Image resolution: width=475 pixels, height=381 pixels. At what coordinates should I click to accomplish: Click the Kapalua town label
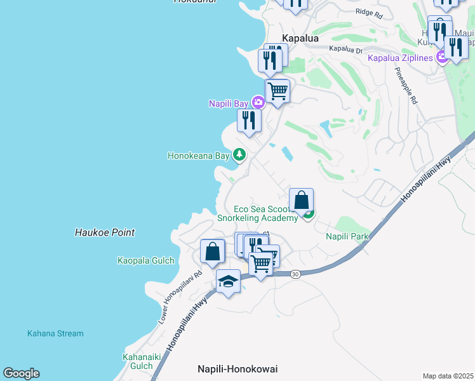pos(300,38)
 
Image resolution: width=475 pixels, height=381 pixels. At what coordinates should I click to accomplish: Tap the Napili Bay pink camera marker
pos(258,102)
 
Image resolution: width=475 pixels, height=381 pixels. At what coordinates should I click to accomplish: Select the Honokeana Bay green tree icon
pos(239,155)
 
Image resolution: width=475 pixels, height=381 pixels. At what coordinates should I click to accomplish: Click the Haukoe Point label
pos(105,232)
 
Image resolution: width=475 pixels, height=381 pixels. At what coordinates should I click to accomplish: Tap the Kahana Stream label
pos(55,333)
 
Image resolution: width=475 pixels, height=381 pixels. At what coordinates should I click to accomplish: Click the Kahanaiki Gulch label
pos(137,361)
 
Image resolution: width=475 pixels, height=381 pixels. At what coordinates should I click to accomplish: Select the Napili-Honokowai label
pos(237,369)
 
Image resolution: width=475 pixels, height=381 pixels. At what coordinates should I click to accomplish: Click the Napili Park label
pos(347,236)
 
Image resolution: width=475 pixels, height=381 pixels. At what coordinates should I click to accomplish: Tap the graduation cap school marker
pos(228,281)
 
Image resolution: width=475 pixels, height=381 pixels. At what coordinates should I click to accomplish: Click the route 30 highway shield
pos(295,274)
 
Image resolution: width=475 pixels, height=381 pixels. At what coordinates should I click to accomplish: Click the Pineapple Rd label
pos(406,86)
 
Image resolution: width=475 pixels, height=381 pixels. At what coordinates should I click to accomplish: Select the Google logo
pos(21,373)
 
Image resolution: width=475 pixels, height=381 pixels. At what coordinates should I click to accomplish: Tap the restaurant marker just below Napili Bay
pos(249,121)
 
